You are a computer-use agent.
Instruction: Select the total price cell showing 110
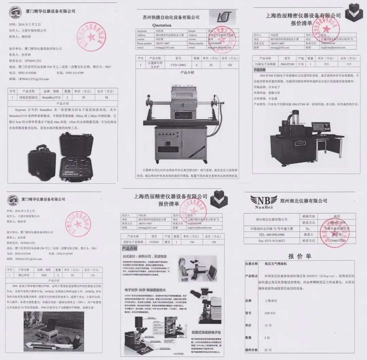click(92, 275)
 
